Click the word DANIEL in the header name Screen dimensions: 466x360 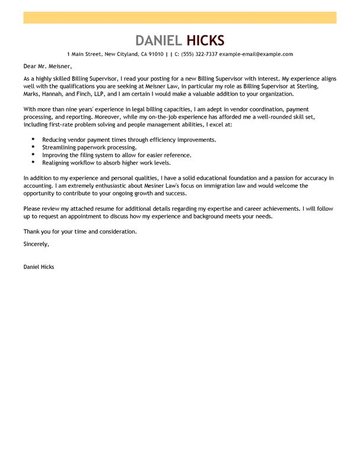159,40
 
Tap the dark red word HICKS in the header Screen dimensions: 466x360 206,40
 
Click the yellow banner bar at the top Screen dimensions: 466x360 180,17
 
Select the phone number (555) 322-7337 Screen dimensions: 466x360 199,54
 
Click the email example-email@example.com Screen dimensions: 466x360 256,54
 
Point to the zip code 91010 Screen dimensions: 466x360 156,54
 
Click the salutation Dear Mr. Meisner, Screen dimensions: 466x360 47,66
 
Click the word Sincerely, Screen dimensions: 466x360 36,244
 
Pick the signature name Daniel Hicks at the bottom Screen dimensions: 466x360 39,267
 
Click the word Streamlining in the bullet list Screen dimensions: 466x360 59,147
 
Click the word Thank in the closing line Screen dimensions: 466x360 31,231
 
